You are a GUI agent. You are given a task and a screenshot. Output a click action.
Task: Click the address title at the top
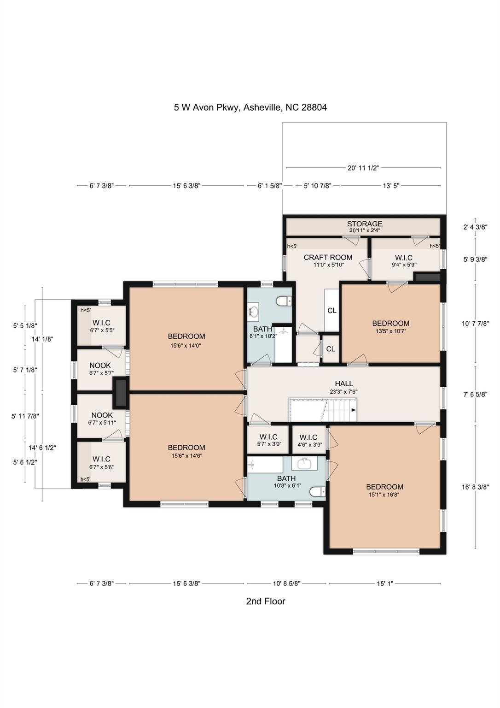pos(250,107)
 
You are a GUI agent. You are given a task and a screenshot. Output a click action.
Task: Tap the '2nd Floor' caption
pos(266,601)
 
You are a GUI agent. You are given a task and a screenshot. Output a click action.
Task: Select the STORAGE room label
pos(365,224)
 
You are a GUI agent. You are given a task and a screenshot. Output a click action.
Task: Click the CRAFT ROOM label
pos(328,257)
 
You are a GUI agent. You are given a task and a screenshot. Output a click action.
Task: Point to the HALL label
pos(344,383)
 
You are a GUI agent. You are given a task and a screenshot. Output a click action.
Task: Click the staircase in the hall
pos(322,410)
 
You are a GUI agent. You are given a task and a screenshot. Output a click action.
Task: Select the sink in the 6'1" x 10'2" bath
pos(254,312)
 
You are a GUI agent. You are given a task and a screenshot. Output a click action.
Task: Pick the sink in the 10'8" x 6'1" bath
pos(304,463)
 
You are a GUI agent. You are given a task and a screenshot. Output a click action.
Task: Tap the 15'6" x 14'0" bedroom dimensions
pos(186,345)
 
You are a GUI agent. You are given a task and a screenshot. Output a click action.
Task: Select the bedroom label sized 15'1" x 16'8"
pos(384,487)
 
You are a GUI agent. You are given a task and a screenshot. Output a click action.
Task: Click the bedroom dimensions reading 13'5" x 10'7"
pos(390,331)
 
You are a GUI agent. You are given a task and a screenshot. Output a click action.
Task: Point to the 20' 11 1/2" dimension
pos(363,168)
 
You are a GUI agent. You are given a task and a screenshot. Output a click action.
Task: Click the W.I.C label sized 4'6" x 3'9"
pos(308,437)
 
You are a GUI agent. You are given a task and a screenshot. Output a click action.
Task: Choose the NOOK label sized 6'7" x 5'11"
pos(102,415)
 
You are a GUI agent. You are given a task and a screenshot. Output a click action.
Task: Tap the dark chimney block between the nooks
pos(121,393)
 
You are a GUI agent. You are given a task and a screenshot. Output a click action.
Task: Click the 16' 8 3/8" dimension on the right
pos(475,487)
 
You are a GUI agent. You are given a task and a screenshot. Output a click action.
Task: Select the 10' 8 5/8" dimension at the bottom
pos(286,584)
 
